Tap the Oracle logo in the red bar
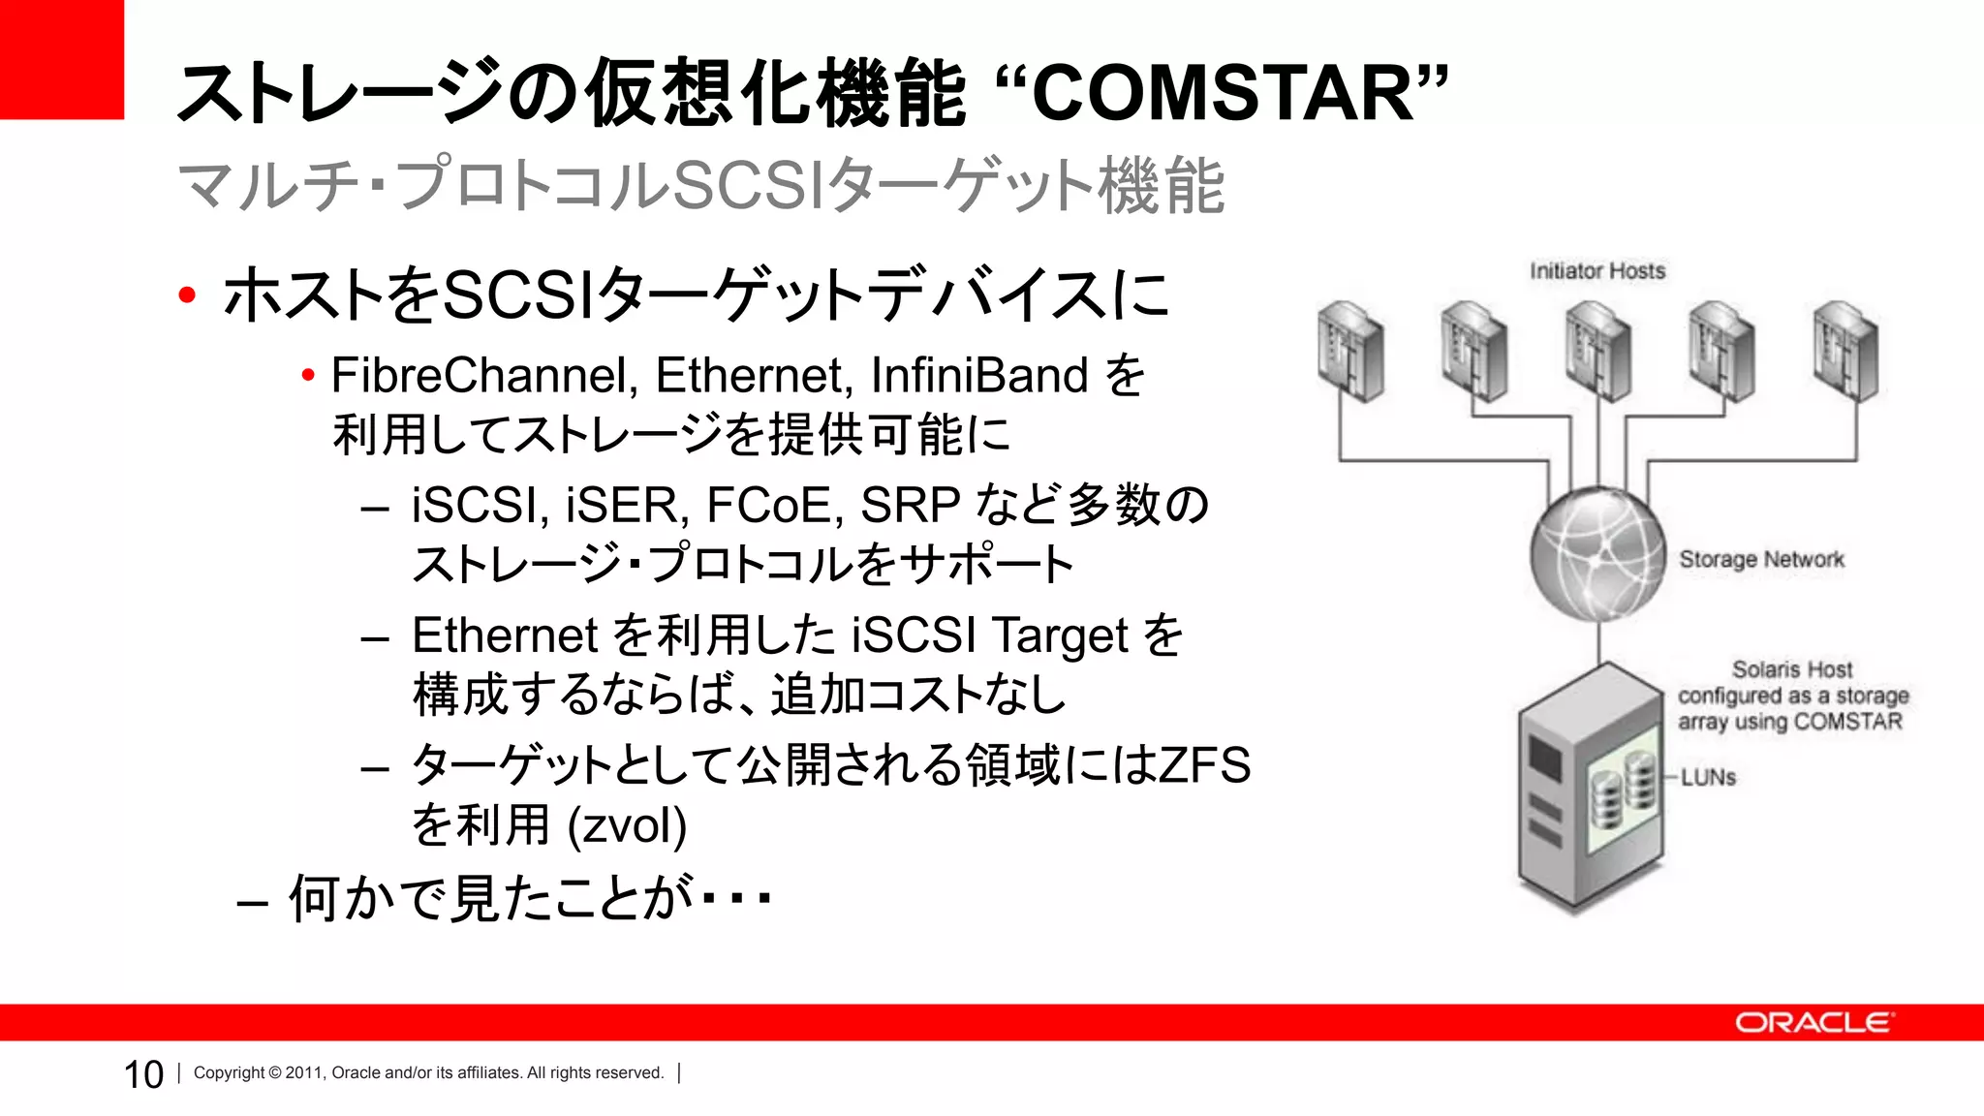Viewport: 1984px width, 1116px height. point(1813,1023)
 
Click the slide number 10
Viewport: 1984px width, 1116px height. point(143,1074)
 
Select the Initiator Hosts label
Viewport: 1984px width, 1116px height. point(1597,271)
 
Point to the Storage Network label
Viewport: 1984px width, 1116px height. point(1761,560)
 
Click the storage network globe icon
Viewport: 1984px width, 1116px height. point(1597,555)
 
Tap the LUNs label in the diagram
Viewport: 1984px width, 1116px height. point(1708,778)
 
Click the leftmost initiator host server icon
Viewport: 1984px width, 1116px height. point(1350,351)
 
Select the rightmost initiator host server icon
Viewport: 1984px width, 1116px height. point(1845,351)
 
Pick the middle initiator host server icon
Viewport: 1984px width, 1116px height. point(1597,351)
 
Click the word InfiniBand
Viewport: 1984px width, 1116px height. point(979,376)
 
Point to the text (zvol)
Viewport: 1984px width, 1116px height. point(627,825)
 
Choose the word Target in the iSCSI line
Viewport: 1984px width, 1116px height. point(1060,635)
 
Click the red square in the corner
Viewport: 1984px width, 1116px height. point(61,59)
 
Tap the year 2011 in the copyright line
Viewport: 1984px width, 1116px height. point(303,1073)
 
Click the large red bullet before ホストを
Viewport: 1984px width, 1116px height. point(187,295)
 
